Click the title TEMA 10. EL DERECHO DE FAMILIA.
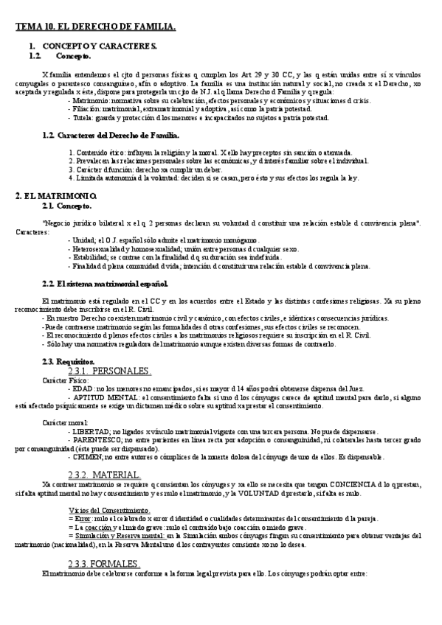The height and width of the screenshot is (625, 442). [96, 27]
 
